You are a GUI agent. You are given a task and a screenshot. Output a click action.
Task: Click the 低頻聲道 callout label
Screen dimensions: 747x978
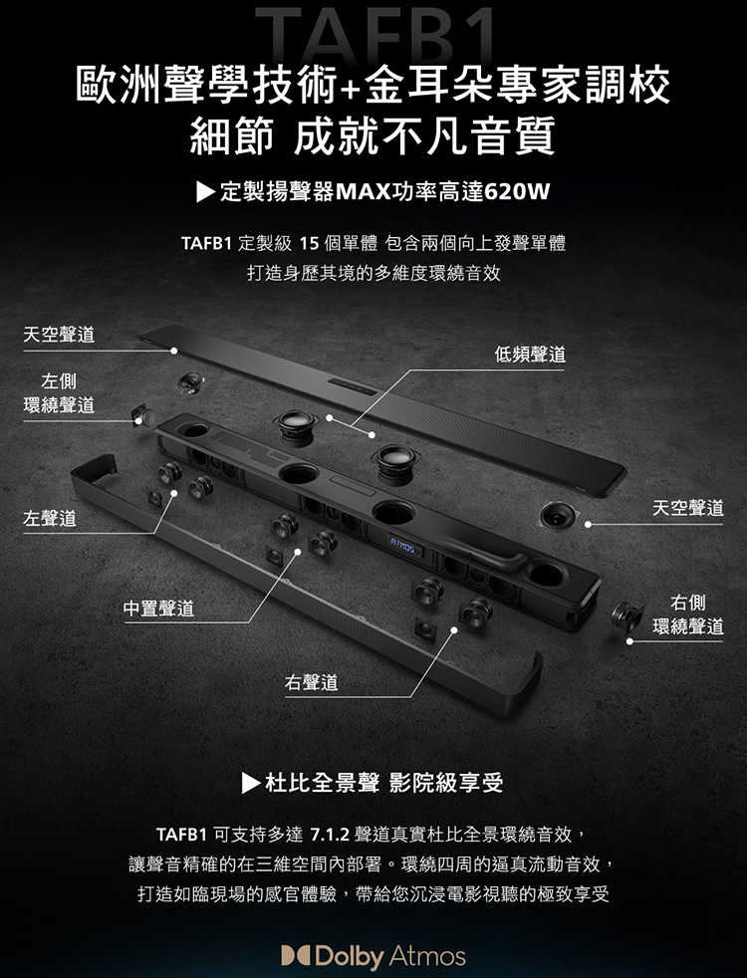pyautogui.click(x=530, y=355)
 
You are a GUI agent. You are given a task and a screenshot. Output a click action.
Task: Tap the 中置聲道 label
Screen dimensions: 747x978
pyautogui.click(x=159, y=609)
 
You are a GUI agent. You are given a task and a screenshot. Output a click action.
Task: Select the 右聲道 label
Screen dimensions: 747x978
pyautogui.click(x=311, y=682)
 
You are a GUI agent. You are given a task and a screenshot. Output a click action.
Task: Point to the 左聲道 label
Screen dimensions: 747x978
pyautogui.click(x=50, y=518)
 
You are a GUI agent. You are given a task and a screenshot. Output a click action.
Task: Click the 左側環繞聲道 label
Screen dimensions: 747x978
pyautogui.click(x=59, y=393)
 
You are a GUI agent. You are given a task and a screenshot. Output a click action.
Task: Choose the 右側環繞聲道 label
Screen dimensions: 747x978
pyautogui.click(x=688, y=614)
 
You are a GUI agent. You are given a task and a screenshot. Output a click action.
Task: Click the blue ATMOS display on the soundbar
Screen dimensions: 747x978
pyautogui.click(x=402, y=547)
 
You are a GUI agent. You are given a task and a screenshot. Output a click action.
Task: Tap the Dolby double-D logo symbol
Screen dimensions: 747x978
pyautogui.click(x=296, y=956)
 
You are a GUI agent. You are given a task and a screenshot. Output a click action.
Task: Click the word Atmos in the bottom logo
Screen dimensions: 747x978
pyautogui.click(x=427, y=956)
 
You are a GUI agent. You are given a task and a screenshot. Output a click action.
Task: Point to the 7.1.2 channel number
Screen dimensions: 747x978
pyautogui.click(x=329, y=834)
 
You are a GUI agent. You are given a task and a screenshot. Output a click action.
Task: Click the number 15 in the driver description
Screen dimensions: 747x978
pyautogui.click(x=310, y=243)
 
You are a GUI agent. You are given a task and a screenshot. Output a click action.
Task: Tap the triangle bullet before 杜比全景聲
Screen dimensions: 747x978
pyautogui.click(x=251, y=783)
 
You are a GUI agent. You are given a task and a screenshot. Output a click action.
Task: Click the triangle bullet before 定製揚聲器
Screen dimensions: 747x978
pyautogui.click(x=205, y=192)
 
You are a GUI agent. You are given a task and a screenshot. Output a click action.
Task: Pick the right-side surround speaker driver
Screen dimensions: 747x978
pyautogui.click(x=626, y=616)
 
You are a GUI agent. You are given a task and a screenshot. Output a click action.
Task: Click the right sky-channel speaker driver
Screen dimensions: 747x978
pyautogui.click(x=558, y=516)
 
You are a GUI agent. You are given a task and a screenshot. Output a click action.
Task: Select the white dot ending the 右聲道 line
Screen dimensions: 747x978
pyautogui.click(x=454, y=630)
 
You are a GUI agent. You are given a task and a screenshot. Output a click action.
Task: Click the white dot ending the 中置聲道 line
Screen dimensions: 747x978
pyautogui.click(x=298, y=552)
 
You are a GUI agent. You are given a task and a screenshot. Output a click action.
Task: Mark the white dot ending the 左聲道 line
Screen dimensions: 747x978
pyautogui.click(x=174, y=494)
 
